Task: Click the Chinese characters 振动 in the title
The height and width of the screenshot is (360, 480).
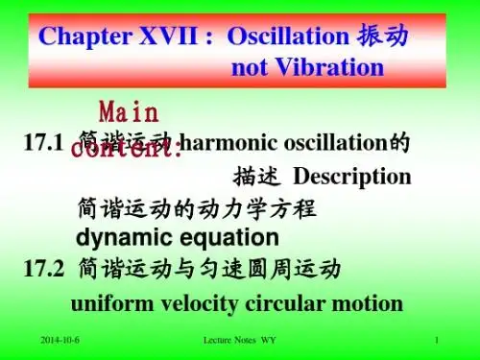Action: (x=383, y=36)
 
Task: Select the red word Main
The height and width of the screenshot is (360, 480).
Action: (x=130, y=107)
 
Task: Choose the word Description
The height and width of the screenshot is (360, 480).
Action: (x=351, y=177)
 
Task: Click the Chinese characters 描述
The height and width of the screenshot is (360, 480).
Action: (x=257, y=177)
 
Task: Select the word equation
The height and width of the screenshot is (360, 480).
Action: (x=225, y=237)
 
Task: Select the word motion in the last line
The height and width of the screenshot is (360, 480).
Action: (x=365, y=303)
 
